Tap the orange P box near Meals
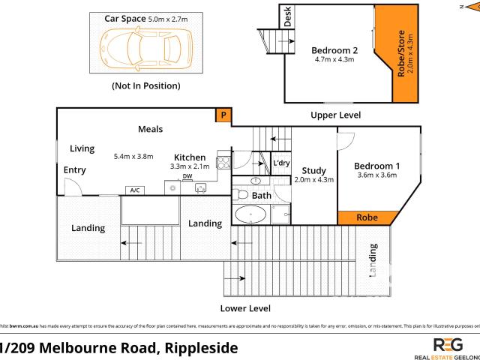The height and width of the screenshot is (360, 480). click(x=223, y=115)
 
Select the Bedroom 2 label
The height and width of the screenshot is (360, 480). click(x=334, y=51)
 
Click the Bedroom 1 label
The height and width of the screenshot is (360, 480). click(x=376, y=166)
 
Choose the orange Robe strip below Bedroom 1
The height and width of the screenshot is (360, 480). click(x=367, y=217)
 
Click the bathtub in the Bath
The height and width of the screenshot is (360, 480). click(x=250, y=216)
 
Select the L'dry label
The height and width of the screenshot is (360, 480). click(x=281, y=163)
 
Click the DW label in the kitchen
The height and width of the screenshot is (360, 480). click(x=187, y=177)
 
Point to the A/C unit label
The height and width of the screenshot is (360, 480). click(x=136, y=190)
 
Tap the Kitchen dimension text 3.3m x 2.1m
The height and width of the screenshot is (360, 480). click(x=190, y=166)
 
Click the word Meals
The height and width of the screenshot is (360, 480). click(x=150, y=130)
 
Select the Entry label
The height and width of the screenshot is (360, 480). click(x=74, y=170)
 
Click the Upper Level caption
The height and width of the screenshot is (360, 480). click(x=336, y=115)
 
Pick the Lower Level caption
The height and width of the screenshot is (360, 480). click(x=245, y=308)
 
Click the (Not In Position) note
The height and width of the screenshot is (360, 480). click(x=145, y=86)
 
